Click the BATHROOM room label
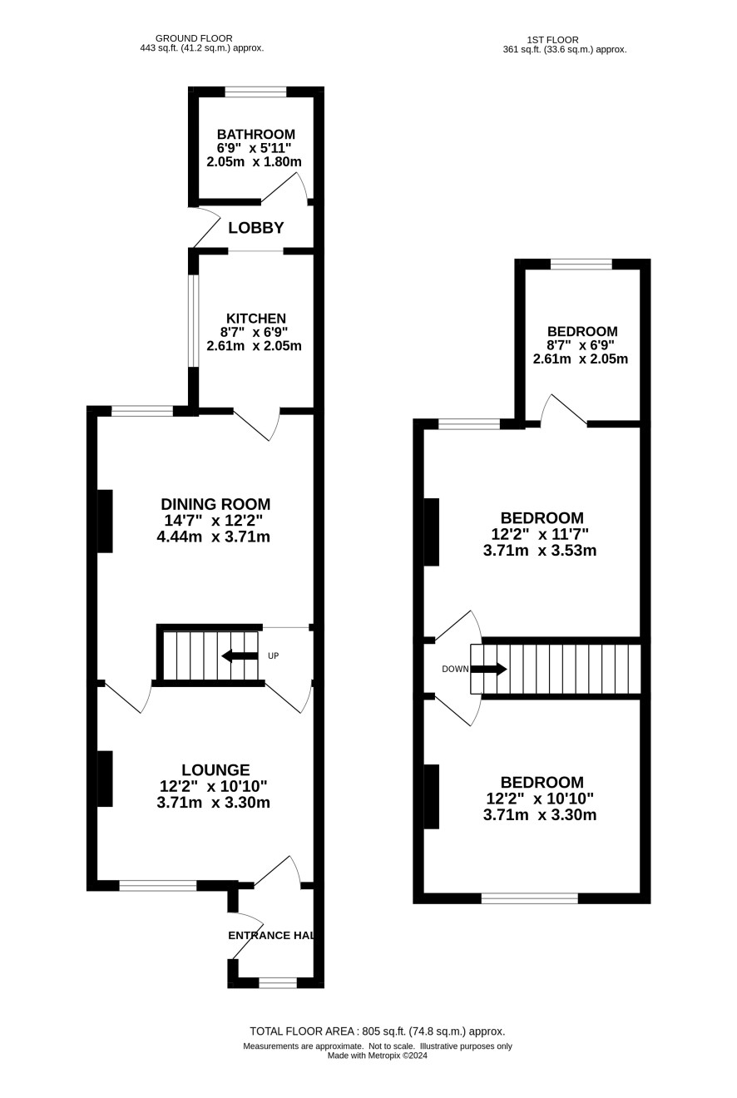(256, 134)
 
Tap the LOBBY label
(256, 228)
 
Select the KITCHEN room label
(256, 318)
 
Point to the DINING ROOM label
(215, 504)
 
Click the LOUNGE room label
(215, 770)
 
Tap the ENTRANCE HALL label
(270, 935)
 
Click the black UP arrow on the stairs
(240, 655)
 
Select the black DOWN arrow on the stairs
(489, 669)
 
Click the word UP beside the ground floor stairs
(274, 655)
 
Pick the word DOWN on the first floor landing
(455, 669)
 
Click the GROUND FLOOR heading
(194, 38)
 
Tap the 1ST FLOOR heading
(552, 40)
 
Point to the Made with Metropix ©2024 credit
(378, 1056)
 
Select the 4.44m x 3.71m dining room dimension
(214, 537)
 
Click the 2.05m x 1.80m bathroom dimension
(254, 161)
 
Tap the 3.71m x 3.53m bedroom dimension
(540, 551)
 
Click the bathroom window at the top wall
(256, 92)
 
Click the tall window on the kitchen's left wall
(194, 320)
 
